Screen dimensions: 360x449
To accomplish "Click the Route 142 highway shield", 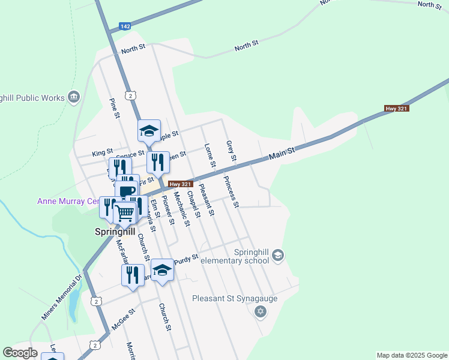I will click(125, 26).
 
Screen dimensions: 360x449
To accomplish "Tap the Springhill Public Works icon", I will click(74, 97).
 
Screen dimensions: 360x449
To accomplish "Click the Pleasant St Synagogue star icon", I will click(260, 311).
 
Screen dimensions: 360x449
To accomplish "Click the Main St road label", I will click(282, 154).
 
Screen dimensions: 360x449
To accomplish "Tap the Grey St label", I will click(231, 151).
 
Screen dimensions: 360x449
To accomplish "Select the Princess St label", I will click(231, 191).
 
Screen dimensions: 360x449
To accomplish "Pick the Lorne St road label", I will click(209, 155).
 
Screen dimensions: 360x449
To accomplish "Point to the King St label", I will click(102, 152).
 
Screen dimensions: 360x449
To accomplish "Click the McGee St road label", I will click(124, 319).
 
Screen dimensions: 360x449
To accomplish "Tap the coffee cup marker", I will click(127, 192).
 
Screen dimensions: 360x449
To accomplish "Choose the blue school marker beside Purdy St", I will click(162, 270).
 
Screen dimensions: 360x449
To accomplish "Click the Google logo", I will click(20, 353).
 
